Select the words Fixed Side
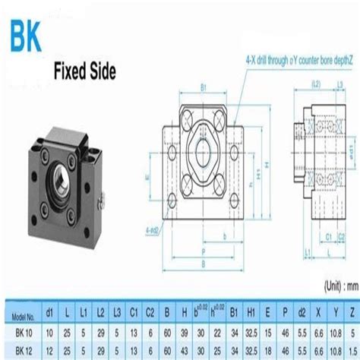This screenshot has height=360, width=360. click(x=84, y=73)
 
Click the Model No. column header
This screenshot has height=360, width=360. click(x=26, y=312)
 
